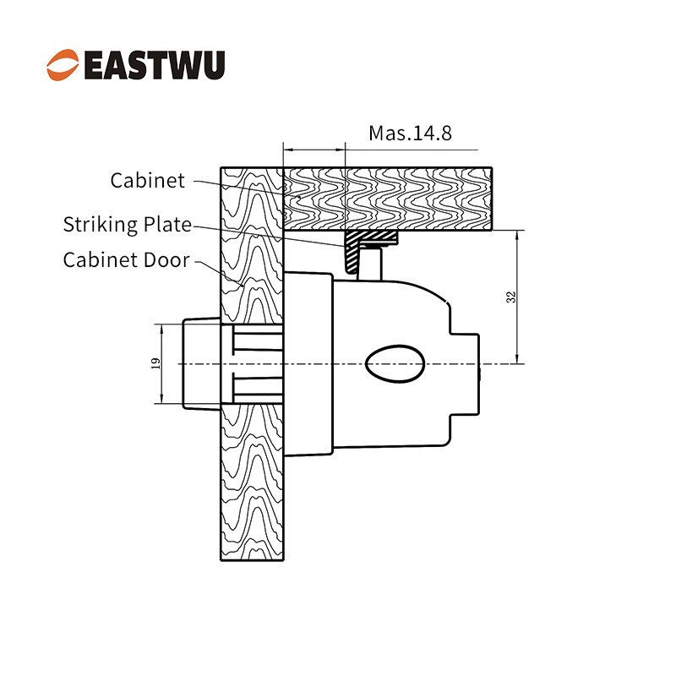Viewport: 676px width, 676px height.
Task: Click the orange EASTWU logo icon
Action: [63, 65]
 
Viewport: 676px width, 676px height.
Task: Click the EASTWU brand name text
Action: [155, 65]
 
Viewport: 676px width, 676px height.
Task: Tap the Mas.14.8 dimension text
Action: [410, 133]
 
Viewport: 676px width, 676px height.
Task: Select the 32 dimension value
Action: [511, 297]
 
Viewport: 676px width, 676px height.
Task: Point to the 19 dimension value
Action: [156, 363]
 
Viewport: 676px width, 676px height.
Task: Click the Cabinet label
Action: [147, 180]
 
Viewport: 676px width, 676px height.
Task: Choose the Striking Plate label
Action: [128, 225]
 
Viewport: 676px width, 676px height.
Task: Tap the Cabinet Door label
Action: [126, 260]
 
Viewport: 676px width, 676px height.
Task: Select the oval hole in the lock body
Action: [395, 363]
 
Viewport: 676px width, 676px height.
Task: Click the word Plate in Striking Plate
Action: [167, 225]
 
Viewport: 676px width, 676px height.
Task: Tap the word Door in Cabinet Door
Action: [166, 260]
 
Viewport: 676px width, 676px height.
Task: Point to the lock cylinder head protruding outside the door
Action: [201, 363]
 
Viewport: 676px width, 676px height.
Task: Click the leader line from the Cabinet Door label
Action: [219, 273]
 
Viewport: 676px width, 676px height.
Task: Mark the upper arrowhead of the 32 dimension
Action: [517, 236]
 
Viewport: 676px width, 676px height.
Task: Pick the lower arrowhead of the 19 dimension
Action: [161, 398]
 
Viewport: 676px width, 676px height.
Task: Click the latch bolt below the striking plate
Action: [370, 264]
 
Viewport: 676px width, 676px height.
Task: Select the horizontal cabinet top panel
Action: [387, 199]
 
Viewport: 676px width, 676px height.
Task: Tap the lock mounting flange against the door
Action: [308, 363]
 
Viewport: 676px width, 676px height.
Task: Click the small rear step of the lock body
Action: [465, 374]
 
